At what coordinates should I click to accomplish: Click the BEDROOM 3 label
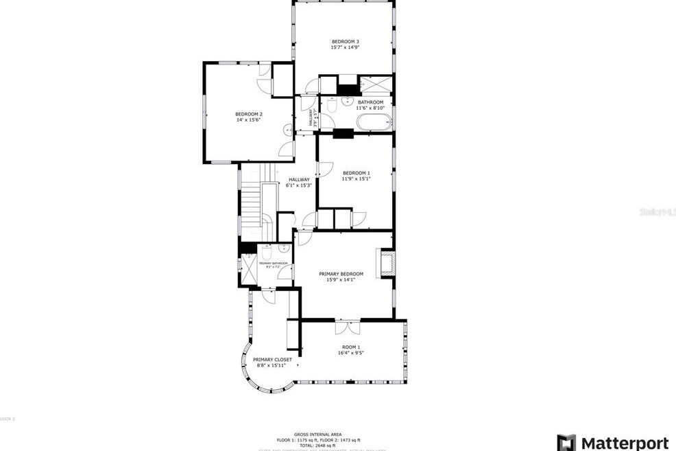pyautogui.click(x=345, y=42)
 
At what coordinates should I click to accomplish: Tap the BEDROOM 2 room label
pyautogui.click(x=249, y=114)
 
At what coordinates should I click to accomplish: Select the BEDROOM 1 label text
pyautogui.click(x=356, y=173)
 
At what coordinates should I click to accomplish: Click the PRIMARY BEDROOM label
pyautogui.click(x=341, y=274)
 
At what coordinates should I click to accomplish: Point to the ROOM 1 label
pyautogui.click(x=351, y=347)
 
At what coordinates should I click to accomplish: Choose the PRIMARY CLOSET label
pyautogui.click(x=272, y=360)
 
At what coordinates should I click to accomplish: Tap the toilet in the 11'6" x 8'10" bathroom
pyautogui.click(x=330, y=106)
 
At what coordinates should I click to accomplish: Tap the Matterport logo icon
pyautogui.click(x=566, y=443)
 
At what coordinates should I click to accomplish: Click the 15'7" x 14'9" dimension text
pyautogui.click(x=345, y=48)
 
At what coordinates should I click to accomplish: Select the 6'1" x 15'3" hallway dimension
pyautogui.click(x=299, y=185)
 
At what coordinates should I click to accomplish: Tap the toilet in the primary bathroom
pyautogui.click(x=267, y=253)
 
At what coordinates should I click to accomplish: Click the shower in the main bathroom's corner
pyautogui.click(x=376, y=84)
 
